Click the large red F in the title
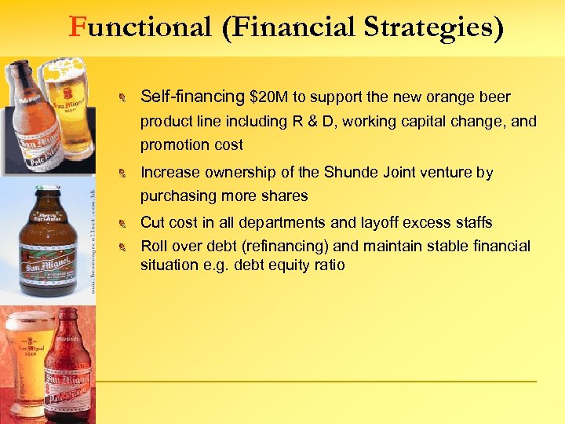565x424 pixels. pyautogui.click(x=77, y=28)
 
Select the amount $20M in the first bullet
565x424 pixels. pyautogui.click(x=269, y=97)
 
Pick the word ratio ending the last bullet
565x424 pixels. pyautogui.click(x=328, y=265)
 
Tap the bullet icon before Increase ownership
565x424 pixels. pyautogui.click(x=122, y=173)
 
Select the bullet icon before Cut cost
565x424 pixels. pyautogui.click(x=122, y=224)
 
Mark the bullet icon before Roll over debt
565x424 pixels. pyautogui.click(x=122, y=247)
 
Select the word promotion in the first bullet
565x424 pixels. pyautogui.click(x=169, y=144)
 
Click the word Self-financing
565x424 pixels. pyautogui.click(x=192, y=97)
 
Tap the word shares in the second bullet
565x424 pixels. pyautogui.click(x=282, y=196)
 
